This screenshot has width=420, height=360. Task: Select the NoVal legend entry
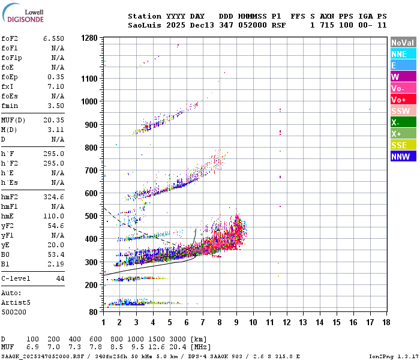tap(403, 43)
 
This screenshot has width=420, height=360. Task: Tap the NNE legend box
tap(403, 54)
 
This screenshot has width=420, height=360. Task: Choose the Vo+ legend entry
tap(403, 100)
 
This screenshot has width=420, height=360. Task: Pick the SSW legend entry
tap(403, 111)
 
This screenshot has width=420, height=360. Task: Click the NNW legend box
tap(403, 157)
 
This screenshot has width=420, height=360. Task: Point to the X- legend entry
tap(403, 122)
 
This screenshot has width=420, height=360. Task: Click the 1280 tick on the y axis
tap(89, 38)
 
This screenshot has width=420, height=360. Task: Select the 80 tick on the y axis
tap(93, 312)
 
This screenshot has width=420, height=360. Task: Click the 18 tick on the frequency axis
tap(386, 323)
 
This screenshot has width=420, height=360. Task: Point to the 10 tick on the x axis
tap(253, 323)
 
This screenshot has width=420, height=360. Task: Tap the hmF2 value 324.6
tap(53, 197)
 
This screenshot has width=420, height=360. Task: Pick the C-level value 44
tap(60, 278)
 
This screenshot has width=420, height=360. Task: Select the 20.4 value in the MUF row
tap(178, 347)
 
